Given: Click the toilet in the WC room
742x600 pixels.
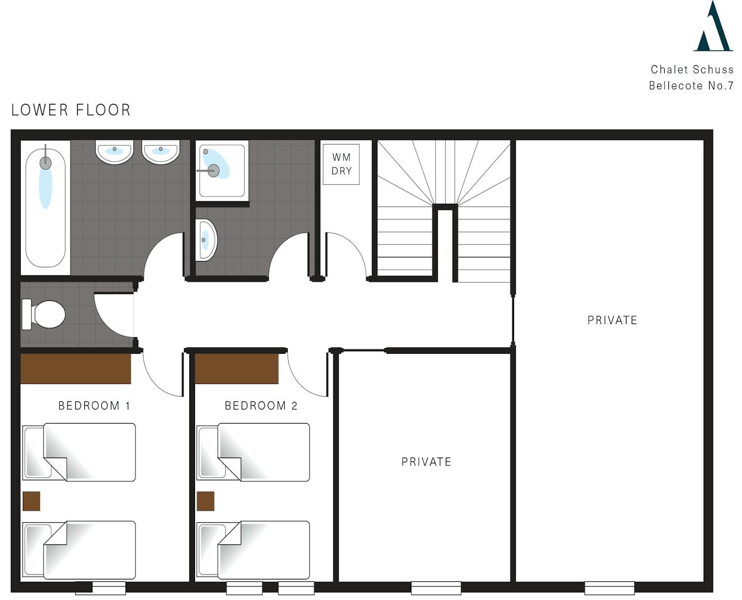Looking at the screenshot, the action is [43, 314].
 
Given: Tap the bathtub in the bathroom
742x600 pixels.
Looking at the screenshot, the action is [45, 208].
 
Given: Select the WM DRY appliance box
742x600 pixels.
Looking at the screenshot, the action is [341, 164].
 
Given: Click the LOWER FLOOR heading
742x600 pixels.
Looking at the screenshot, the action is [71, 110].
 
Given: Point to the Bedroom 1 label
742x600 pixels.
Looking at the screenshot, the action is [94, 406].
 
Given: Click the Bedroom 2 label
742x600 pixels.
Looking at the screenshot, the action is [261, 406].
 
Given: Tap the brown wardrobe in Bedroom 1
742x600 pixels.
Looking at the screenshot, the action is [76, 369].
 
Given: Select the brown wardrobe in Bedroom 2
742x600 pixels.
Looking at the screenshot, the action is [236, 369].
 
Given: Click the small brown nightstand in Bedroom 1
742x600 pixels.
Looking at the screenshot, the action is [31, 501].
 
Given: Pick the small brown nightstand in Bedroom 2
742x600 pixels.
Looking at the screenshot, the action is [206, 501].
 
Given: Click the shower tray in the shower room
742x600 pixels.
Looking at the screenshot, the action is [222, 171].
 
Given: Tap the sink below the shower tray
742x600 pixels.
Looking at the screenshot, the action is [206, 240].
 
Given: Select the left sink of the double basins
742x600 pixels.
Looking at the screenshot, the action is [114, 152].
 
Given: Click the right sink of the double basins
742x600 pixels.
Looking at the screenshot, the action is [161, 152].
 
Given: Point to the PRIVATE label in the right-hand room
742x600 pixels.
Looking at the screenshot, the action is [612, 320].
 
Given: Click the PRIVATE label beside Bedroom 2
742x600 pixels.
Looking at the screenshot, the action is [427, 462].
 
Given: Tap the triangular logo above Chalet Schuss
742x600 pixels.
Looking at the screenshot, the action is [713, 26].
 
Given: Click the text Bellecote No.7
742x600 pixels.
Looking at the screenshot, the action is [691, 86].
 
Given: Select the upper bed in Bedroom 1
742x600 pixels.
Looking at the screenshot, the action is [79, 452].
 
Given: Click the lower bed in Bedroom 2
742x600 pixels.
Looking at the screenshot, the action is [253, 550].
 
